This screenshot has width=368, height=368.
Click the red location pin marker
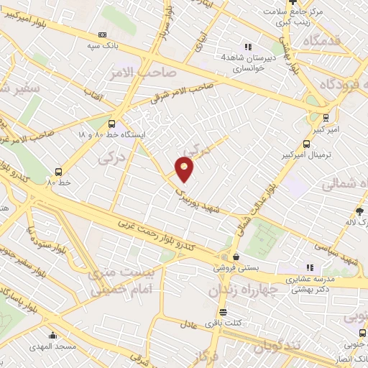185,168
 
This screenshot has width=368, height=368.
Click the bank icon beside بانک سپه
103,35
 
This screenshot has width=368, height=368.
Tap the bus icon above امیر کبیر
327,117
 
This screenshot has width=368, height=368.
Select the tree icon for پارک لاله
360,211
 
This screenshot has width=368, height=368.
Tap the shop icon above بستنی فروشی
235,257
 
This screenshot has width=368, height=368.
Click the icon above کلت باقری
223,312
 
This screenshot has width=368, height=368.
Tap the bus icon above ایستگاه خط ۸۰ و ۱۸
111,124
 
